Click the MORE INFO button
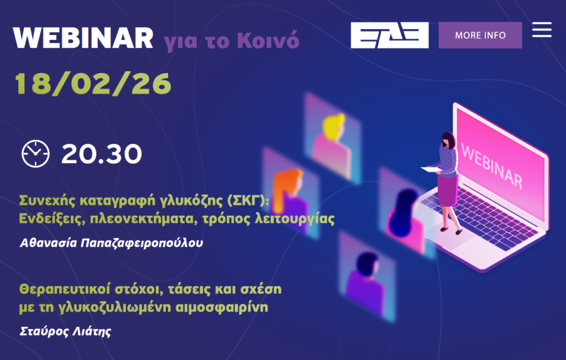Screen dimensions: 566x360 (x=480, y=35)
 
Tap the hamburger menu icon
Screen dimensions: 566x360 (x=542, y=30)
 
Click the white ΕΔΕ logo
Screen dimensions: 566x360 (x=390, y=35)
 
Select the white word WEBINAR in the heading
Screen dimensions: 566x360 (x=83, y=38)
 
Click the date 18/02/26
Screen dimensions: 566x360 (x=93, y=84)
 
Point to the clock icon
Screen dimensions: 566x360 (x=35, y=154)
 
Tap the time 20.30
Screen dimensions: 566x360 (x=102, y=154)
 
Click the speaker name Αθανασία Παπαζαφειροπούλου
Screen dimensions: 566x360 (x=111, y=243)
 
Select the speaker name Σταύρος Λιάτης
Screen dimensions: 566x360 (x=65, y=331)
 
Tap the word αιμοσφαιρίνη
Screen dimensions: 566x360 (x=222, y=307)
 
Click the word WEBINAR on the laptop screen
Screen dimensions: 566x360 (x=491, y=165)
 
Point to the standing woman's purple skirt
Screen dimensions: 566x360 (x=447, y=190)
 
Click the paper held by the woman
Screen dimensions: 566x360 (x=431, y=169)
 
